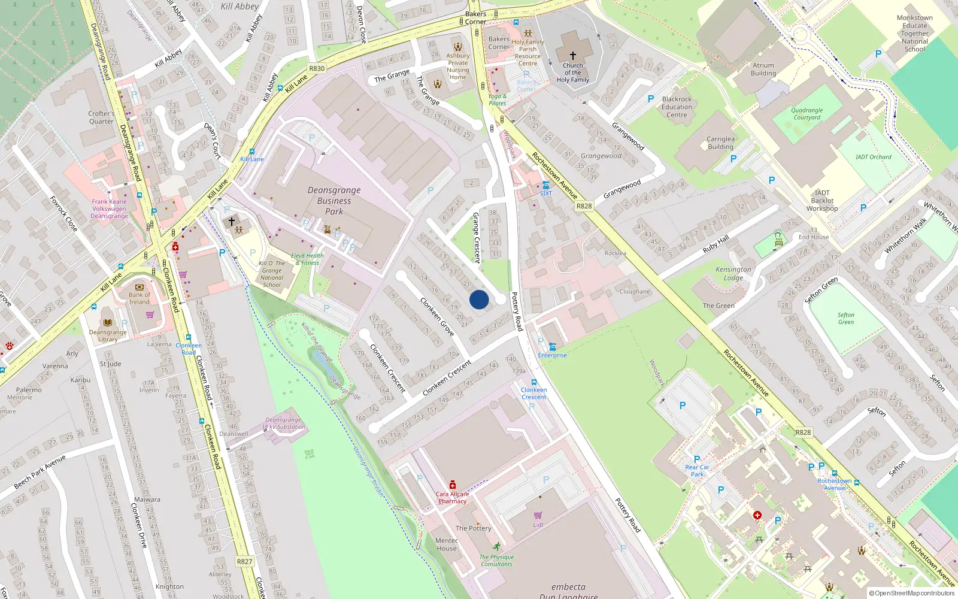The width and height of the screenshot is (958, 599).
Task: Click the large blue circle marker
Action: (479, 299)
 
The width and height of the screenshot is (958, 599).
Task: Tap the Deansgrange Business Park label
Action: (334, 201)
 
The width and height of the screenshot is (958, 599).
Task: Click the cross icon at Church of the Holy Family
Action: (573, 55)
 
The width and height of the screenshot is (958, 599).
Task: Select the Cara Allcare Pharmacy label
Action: (452, 498)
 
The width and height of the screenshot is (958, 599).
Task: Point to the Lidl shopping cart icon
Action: (538, 515)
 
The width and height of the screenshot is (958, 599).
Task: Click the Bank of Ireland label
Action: (140, 298)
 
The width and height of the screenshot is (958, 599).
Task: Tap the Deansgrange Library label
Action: (108, 335)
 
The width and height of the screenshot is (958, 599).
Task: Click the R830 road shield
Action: (317, 68)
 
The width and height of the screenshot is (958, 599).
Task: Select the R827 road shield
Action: (244, 561)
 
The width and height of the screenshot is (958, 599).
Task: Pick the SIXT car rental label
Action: (546, 193)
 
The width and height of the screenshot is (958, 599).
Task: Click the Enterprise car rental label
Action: (552, 355)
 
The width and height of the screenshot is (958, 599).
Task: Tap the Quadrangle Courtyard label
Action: (807, 114)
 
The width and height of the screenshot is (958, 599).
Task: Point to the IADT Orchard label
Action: (873, 157)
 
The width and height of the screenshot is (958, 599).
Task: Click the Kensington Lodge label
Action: (733, 274)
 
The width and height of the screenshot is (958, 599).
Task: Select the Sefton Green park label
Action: (845, 319)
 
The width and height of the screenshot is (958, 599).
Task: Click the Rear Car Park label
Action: (697, 471)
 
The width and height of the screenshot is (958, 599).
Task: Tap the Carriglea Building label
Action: (720, 143)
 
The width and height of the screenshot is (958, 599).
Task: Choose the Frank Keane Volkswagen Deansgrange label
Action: (109, 208)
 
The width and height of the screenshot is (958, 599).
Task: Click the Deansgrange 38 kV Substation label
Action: (283, 423)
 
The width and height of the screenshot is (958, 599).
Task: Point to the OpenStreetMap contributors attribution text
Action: (912, 594)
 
